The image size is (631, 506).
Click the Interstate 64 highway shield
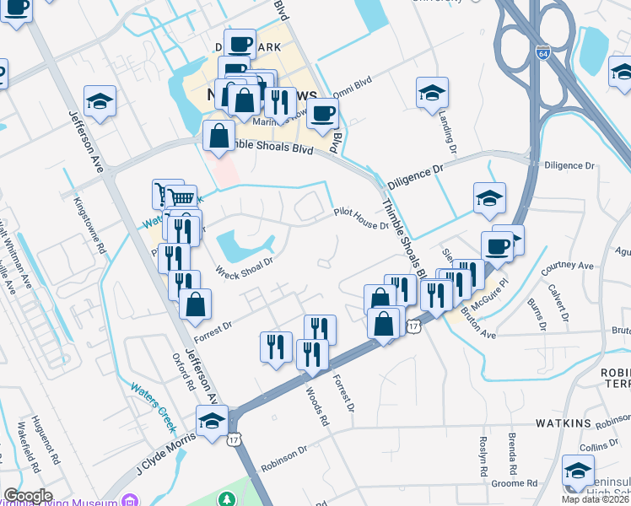point(544,52)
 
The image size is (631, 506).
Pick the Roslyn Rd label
point(483,456)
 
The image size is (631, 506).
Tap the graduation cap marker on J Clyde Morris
point(212,420)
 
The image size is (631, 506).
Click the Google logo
point(28,496)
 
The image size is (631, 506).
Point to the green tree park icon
point(227,499)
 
